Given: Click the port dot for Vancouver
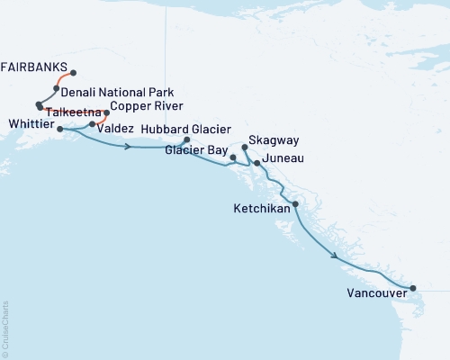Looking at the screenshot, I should pos(413,289).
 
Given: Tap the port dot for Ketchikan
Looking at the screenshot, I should pos(295,204).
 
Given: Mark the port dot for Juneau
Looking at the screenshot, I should pos(256,163).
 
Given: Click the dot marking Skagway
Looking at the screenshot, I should pos(245,147).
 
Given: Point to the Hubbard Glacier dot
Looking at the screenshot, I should pos(186,139).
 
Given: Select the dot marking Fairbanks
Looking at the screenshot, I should pos(73,73).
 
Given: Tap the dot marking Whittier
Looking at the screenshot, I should pos(59,130).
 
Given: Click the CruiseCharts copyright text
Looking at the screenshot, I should pos(5,328).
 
